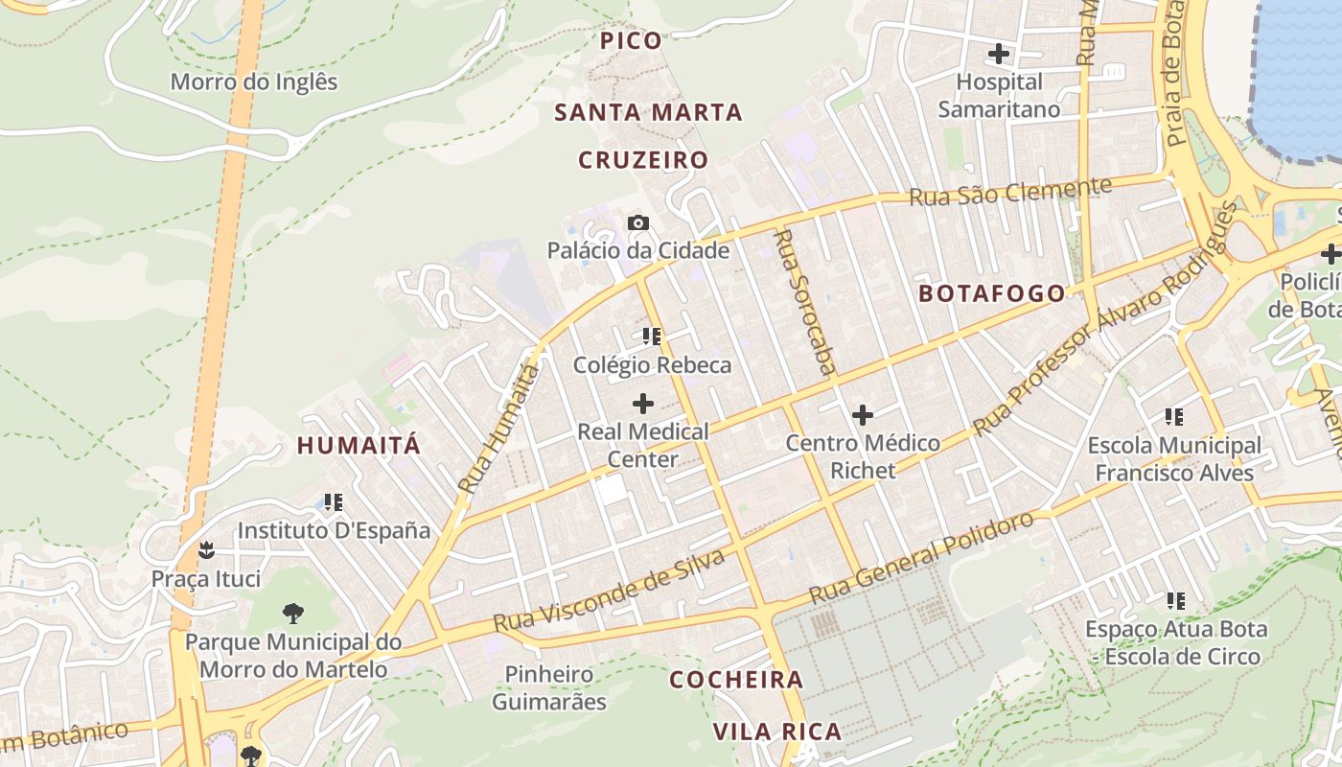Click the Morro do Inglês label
(254, 81)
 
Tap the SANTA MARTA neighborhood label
(649, 112)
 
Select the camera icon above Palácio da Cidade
(638, 223)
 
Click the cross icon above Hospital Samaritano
(999, 54)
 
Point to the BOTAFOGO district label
(992, 293)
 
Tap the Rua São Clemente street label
(1010, 192)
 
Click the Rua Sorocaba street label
(803, 300)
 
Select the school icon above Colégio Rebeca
(652, 337)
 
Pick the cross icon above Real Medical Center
(643, 404)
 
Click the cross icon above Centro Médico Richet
(863, 415)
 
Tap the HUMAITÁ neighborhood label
(359, 445)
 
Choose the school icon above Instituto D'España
(333, 501)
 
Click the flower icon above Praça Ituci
(205, 550)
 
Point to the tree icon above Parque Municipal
(292, 613)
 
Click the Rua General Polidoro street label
(922, 557)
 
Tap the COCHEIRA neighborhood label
(736, 680)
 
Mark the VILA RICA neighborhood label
(776, 732)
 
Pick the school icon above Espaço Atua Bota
(1175, 601)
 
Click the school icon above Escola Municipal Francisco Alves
(1173, 416)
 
